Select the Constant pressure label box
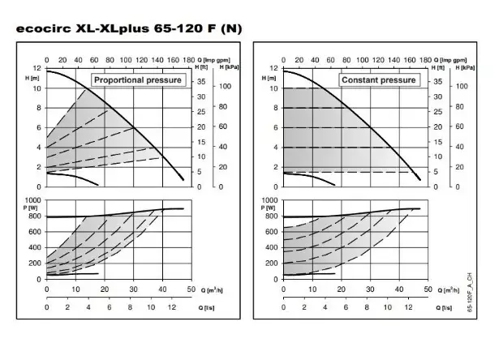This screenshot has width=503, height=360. [x=379, y=80]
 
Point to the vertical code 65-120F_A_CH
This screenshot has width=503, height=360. [x=472, y=295]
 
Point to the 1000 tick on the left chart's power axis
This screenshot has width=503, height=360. [x=32, y=199]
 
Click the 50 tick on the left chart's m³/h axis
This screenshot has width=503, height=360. [x=192, y=289]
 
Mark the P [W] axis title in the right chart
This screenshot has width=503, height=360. [x=269, y=208]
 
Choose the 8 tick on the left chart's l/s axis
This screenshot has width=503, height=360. [x=133, y=308]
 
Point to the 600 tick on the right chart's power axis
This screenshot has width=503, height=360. [x=271, y=231]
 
